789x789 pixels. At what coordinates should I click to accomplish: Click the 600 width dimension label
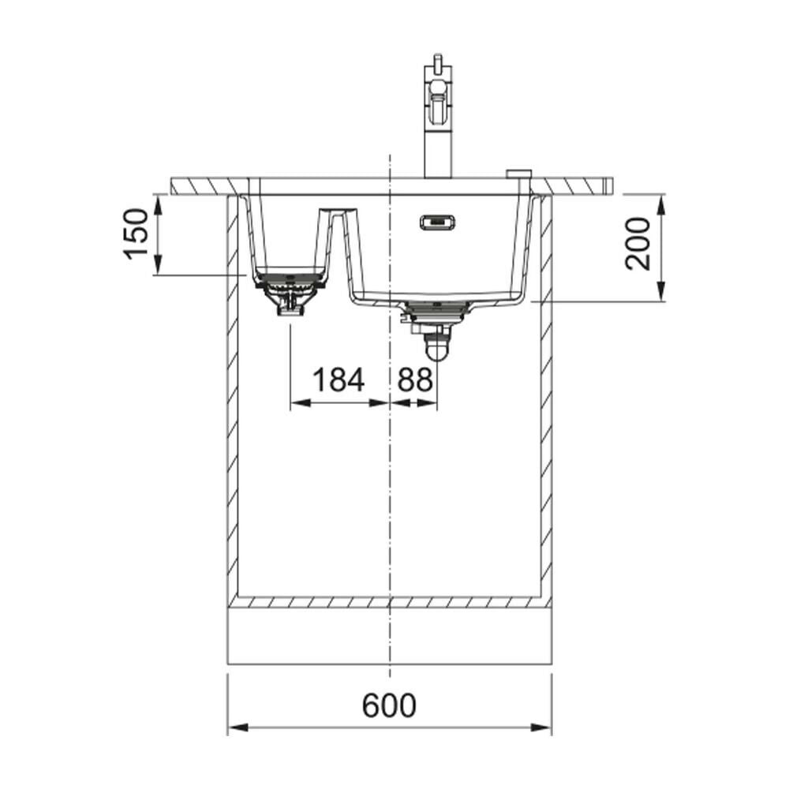389,705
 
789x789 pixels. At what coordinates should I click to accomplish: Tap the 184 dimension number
338,380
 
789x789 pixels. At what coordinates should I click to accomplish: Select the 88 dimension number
415,380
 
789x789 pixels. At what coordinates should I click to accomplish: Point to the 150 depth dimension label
136,234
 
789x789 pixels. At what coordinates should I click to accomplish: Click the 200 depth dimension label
638,244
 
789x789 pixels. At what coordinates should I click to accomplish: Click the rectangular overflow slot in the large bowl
437,222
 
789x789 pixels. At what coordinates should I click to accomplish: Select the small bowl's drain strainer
290,293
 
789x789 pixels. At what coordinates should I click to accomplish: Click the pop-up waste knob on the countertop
518,174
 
